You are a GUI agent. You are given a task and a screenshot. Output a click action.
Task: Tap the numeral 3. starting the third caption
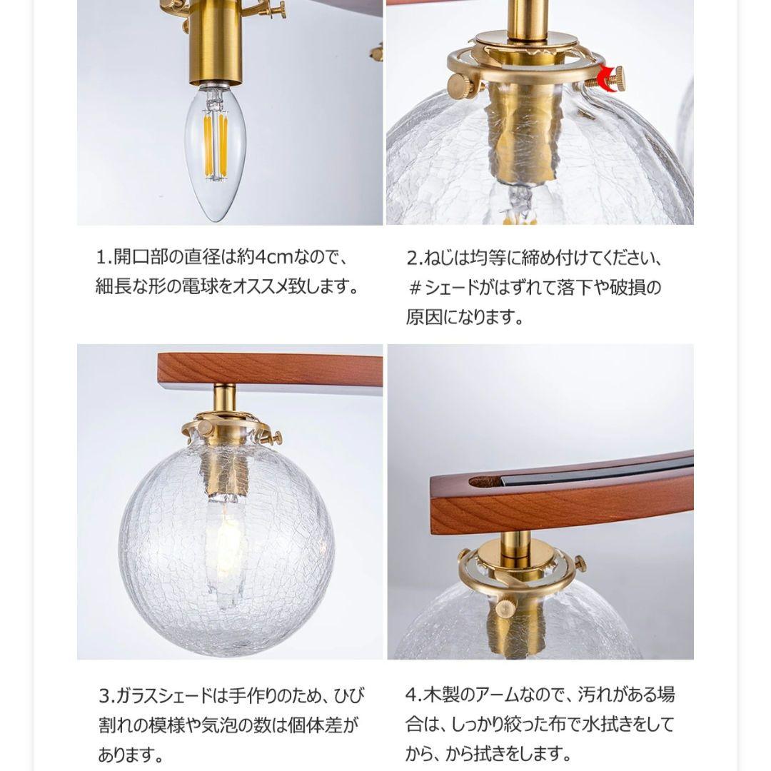pos(104,695)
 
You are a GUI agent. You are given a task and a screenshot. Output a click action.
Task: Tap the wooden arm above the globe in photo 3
pos(269,368)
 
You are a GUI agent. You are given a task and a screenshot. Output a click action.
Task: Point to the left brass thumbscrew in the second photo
pos(460,85)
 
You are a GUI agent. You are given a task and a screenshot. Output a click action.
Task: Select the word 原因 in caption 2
pos(421,318)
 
